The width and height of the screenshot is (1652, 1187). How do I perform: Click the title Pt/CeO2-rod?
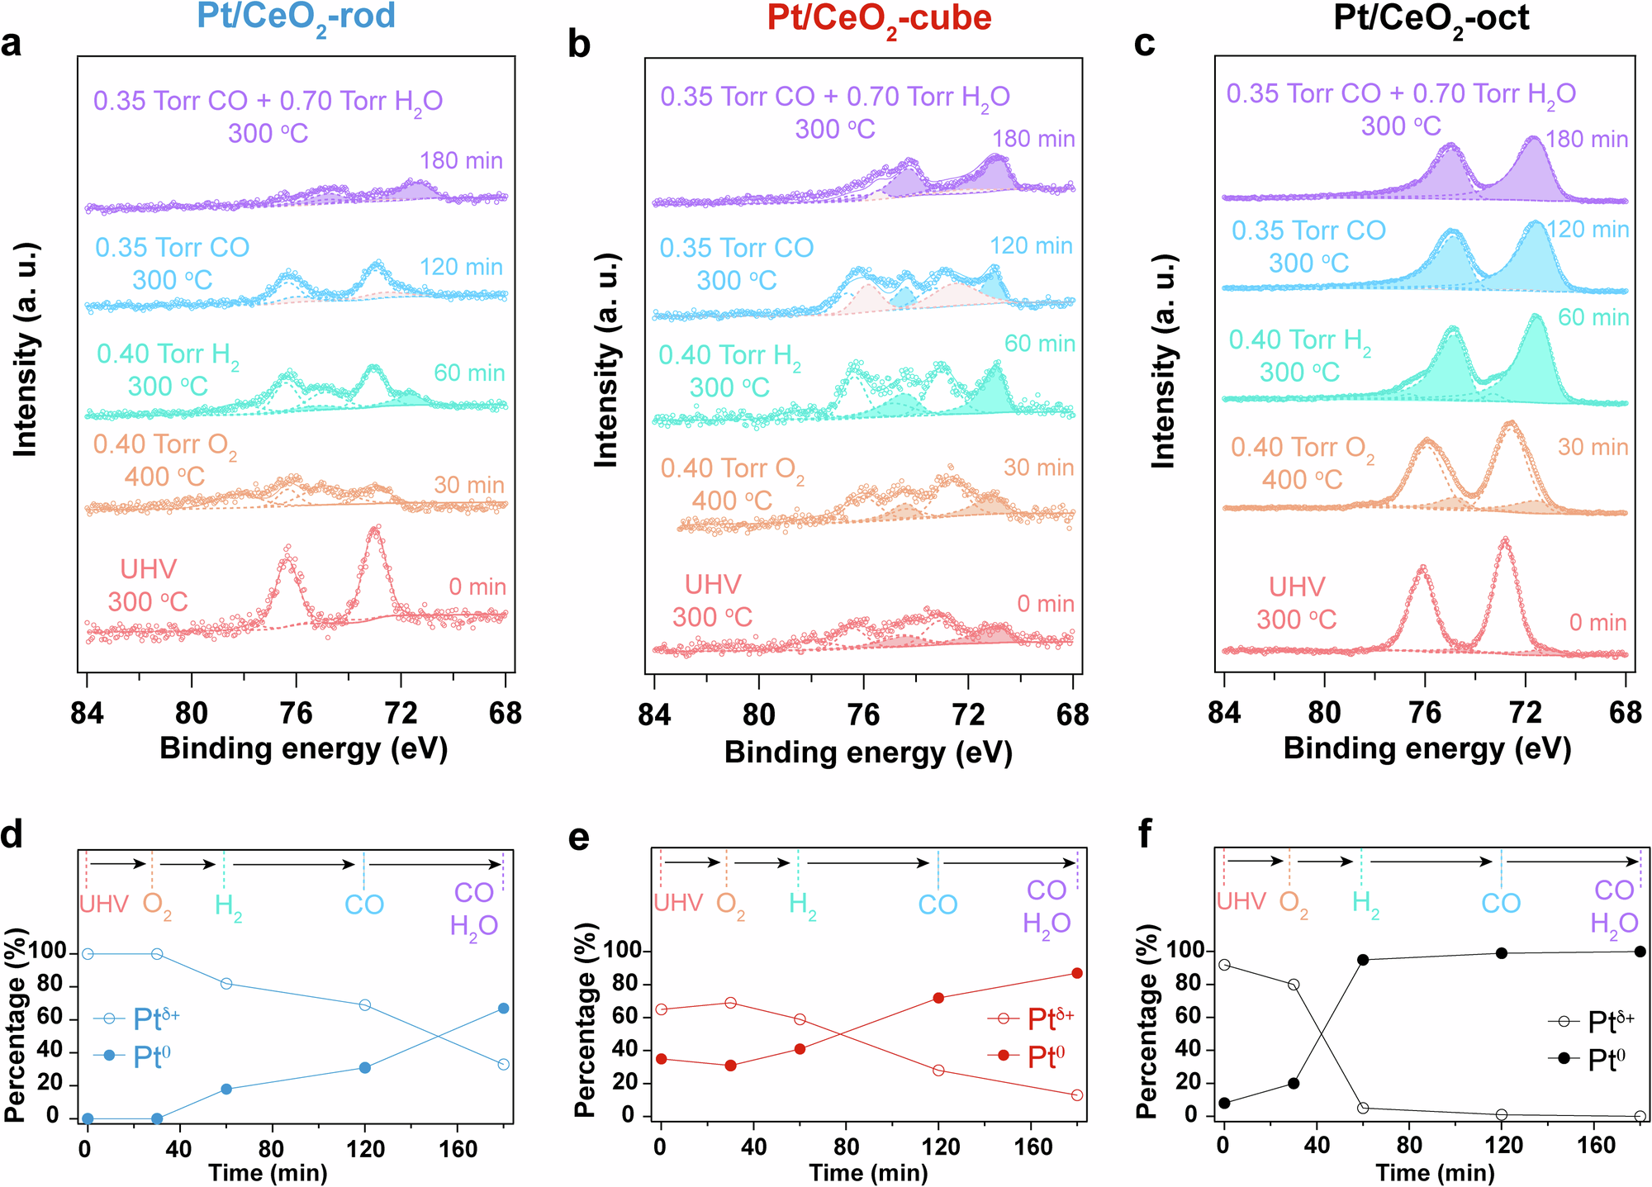coord(297,17)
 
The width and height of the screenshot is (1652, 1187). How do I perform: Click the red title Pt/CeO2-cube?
coord(879,18)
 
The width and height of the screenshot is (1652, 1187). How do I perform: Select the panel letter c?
coord(1144,43)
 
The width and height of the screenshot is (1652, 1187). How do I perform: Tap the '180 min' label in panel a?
coord(461,160)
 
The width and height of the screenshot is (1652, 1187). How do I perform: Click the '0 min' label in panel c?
coord(1597,623)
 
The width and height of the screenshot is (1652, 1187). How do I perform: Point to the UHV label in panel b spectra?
coord(713,585)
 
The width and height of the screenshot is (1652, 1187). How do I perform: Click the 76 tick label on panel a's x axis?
coord(296,712)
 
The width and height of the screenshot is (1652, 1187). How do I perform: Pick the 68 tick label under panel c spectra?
coord(1625,712)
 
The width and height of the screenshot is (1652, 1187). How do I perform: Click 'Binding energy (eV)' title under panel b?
coord(868,753)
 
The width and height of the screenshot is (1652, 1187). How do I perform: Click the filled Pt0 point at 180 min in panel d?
coord(504,1009)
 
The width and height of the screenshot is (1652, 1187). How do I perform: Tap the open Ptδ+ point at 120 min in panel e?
coord(938,1071)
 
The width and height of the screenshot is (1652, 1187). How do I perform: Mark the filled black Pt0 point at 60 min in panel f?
coord(1363,960)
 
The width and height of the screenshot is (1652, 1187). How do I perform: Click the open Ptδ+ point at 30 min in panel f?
coord(1294,985)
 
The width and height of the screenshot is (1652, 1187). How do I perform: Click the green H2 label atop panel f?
coord(1365,904)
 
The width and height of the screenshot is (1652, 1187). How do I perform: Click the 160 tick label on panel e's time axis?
coord(1032,1147)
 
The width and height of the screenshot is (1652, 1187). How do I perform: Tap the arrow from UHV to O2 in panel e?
coord(692,863)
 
